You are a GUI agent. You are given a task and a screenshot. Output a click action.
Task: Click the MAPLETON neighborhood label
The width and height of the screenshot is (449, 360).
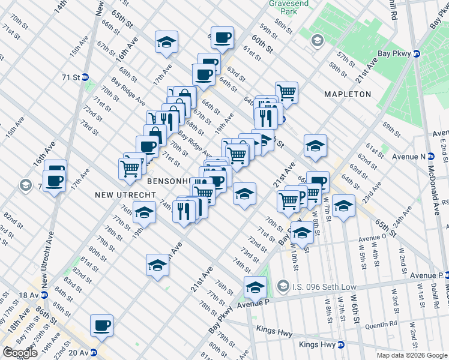[x=348, y=94]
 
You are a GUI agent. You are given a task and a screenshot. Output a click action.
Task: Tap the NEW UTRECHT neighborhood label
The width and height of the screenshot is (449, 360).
[x=125, y=196]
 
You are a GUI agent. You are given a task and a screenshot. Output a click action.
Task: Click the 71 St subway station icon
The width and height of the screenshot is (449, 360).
[x=85, y=77]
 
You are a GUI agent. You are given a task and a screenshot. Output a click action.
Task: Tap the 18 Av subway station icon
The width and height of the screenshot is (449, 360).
[x=43, y=295]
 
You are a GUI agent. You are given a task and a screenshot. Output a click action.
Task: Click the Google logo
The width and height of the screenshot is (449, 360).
[x=20, y=353]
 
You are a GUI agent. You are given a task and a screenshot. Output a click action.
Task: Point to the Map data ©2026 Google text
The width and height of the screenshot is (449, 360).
[x=412, y=355]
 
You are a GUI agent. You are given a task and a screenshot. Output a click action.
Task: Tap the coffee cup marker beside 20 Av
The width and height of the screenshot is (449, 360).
[x=101, y=325]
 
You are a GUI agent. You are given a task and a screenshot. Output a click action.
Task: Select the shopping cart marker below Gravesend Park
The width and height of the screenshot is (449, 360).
[x=287, y=92]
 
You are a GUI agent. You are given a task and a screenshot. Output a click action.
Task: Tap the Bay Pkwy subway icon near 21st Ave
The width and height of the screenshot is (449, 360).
[x=415, y=54]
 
